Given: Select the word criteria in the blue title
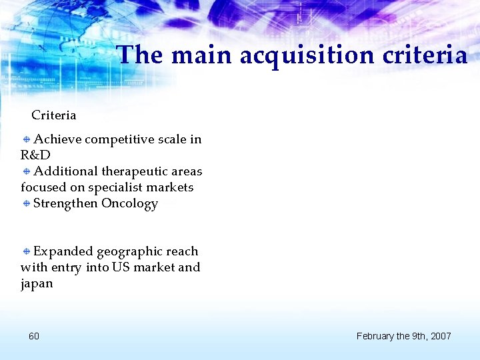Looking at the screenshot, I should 425,55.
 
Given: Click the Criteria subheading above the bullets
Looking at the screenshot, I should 54,115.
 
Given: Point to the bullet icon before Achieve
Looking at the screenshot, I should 26,139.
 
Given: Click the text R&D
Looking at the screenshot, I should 35,155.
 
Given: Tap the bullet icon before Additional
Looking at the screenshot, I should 26,171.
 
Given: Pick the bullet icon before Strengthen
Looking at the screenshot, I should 26,203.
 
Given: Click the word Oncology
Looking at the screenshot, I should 129,203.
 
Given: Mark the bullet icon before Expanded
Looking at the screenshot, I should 26,251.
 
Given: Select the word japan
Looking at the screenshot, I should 37,283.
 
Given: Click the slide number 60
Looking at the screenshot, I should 34,336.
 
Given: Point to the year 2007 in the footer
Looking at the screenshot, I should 440,336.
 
